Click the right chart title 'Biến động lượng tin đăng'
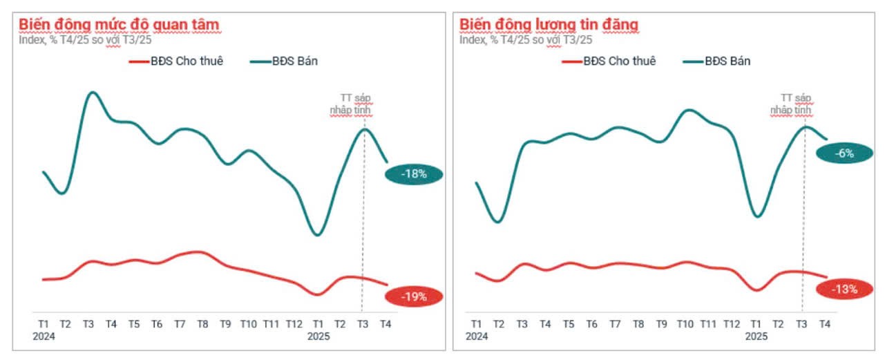[549, 25]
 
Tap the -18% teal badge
[413, 175]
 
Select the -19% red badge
[413, 297]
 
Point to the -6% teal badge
[844, 154]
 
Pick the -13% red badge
[844, 290]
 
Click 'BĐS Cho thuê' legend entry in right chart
[609, 61]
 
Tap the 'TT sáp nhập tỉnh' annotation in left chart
[354, 104]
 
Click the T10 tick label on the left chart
[248, 324]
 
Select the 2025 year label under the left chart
[318, 337]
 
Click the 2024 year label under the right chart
[476, 337]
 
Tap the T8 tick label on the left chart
[202, 324]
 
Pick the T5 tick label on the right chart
[569, 324]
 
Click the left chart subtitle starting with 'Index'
[85, 40]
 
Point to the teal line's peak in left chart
[93, 92]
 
